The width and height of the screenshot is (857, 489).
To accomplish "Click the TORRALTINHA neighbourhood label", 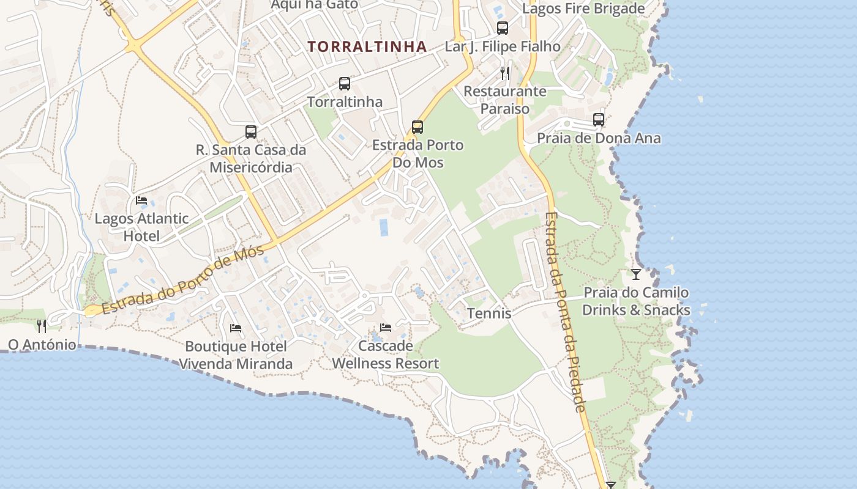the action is tap(367, 46).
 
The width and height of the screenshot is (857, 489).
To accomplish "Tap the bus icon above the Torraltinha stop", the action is tap(345, 84).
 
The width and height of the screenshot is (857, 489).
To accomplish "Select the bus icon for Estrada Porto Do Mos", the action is tap(417, 127).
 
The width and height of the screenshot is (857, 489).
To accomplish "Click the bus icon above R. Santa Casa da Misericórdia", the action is tap(251, 131).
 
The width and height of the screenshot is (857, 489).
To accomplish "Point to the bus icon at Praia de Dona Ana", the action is tap(599, 120).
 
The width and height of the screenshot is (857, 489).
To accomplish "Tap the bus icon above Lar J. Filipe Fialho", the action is tap(503, 28).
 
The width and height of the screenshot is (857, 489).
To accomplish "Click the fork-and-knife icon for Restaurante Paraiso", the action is tap(505, 73).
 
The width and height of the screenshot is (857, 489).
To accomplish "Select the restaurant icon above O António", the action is tap(42, 326).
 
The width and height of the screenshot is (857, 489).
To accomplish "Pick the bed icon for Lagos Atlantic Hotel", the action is tap(141, 200).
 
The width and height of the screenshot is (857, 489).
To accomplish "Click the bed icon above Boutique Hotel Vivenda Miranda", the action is tap(236, 328).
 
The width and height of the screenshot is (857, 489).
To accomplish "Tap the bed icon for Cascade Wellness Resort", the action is tap(386, 328).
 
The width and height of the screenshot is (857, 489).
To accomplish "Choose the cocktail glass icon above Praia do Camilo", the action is tap(636, 274).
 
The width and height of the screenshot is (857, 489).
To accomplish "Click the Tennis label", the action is tap(489, 314).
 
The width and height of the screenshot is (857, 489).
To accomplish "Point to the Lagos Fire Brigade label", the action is tap(583, 9).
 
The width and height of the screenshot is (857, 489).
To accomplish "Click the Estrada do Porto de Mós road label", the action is tap(183, 279).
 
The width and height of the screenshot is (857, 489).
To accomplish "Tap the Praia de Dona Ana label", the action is tap(599, 138).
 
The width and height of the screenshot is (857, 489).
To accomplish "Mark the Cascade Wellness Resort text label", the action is tap(386, 355).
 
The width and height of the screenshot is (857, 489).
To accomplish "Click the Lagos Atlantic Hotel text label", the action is tap(141, 227).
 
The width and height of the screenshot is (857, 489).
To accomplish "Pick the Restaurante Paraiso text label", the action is tap(505, 100).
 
